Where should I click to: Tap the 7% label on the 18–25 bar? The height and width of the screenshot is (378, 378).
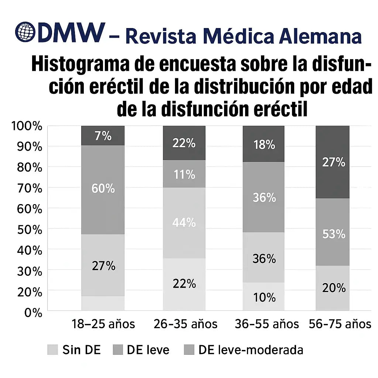point(103,136)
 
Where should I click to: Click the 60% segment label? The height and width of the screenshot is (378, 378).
point(103,189)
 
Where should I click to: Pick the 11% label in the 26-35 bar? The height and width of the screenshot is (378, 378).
point(184,174)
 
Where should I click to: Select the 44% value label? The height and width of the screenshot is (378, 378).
point(184,222)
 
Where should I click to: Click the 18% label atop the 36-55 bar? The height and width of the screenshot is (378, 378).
point(264,145)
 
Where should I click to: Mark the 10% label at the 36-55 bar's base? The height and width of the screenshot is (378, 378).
point(264,297)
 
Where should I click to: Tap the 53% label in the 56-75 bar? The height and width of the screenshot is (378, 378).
point(333,234)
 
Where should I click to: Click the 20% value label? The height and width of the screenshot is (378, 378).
point(333,288)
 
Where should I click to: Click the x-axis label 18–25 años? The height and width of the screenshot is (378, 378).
point(103,324)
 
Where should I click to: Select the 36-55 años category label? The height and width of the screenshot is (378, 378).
point(267,324)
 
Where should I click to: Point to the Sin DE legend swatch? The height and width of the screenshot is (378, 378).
point(53,350)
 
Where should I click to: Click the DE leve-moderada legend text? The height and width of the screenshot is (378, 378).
point(251,350)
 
